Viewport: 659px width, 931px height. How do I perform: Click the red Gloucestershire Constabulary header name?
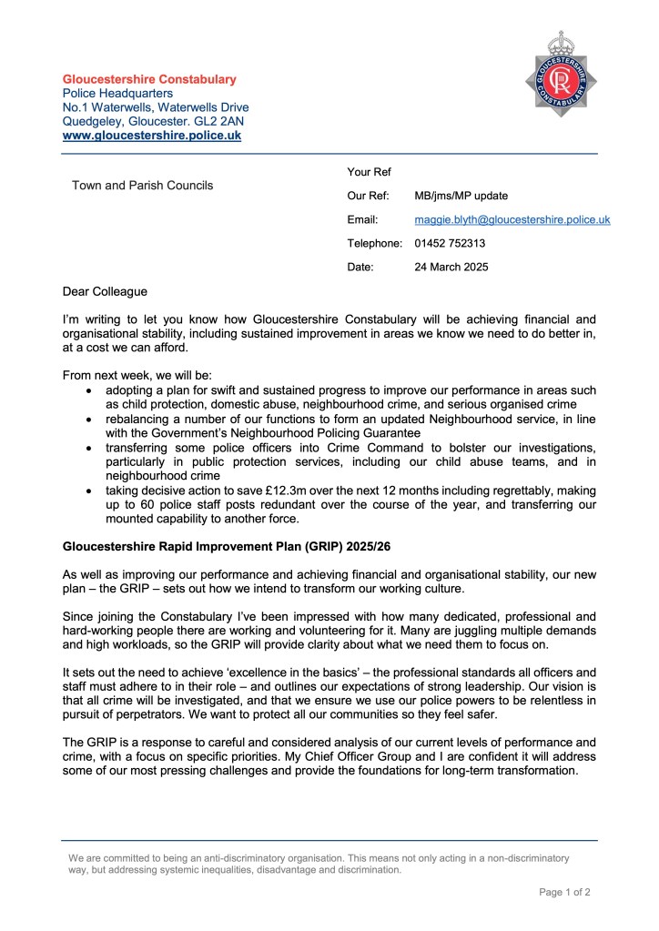coord(149,79)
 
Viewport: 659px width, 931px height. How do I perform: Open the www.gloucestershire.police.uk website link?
coord(151,136)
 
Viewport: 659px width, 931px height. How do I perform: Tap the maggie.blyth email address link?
coord(512,219)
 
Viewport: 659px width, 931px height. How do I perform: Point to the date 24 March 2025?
coord(451,267)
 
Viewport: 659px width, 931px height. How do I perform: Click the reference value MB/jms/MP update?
coord(461,196)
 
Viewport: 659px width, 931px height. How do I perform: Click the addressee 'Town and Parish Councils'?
coord(142,185)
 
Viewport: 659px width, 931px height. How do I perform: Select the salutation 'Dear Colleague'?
coord(104,292)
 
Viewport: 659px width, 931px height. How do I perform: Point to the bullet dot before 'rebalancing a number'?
coord(87,419)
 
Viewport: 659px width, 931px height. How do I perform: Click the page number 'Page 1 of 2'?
coord(564,892)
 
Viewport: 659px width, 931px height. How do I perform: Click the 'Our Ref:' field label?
coord(368,196)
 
